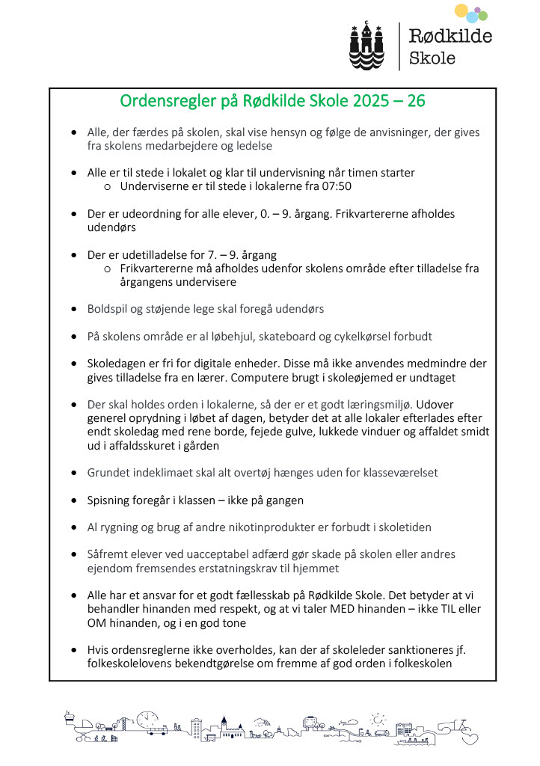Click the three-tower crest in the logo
[x=366, y=44]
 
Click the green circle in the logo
[x=482, y=16]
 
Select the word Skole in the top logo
[x=432, y=58]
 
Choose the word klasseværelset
[x=389, y=473]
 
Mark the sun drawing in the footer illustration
[x=380, y=717]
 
